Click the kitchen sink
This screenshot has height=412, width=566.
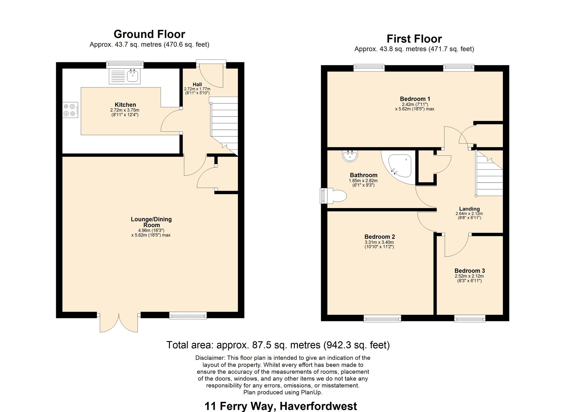[125, 76]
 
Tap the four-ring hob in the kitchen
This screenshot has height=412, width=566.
[70, 110]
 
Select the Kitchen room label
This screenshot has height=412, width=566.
[125, 105]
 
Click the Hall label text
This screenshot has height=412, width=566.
[197, 84]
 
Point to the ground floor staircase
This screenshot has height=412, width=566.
[224, 126]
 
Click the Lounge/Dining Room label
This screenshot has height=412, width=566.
[151, 222]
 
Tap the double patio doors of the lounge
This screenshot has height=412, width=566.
[119, 322]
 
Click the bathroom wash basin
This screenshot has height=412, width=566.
[350, 156]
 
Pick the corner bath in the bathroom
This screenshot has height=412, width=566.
[399, 167]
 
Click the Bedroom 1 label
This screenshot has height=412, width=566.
[415, 99]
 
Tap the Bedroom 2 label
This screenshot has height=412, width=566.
[379, 237]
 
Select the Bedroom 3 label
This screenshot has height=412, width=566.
[470, 271]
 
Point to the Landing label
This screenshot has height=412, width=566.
[469, 209]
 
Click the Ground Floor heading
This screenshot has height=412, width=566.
[149, 34]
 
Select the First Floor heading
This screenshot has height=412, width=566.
[414, 39]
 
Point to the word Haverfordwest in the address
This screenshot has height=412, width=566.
[318, 406]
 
